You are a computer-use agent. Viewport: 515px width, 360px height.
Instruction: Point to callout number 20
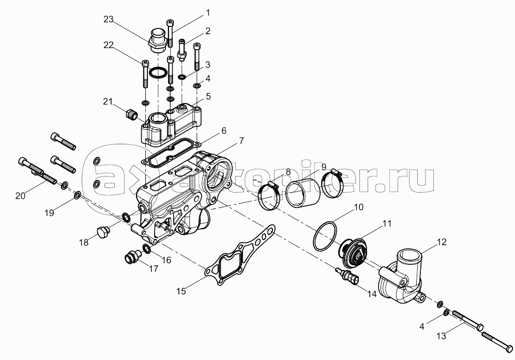tap(20, 195)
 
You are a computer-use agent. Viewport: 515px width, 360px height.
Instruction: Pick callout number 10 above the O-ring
tap(359, 207)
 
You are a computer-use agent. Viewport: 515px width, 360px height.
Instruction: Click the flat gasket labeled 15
tap(238, 259)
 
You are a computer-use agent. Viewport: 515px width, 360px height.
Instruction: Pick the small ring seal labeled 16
tap(147, 250)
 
